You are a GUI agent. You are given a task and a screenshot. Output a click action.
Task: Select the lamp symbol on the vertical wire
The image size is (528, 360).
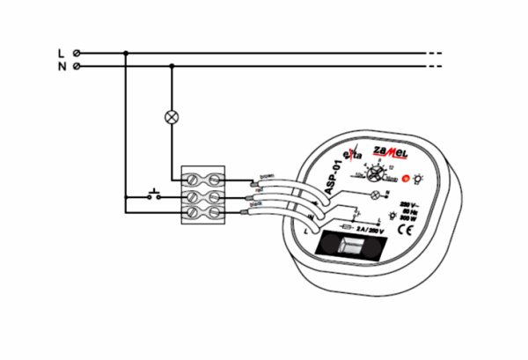(171, 116)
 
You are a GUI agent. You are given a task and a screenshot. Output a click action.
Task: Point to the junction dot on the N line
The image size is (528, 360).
(171, 66)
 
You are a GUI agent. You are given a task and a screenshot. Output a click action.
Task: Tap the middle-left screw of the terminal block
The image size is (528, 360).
(193, 195)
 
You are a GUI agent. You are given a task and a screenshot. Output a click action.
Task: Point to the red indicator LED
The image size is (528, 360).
(406, 179)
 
